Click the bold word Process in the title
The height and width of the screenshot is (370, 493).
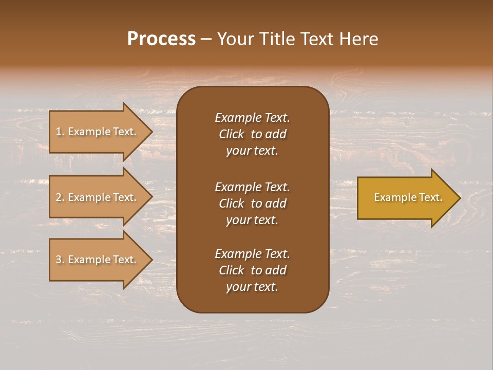click(161, 39)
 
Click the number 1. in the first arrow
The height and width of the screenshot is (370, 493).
click(60, 132)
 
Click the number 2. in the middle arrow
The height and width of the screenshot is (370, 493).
click(60, 197)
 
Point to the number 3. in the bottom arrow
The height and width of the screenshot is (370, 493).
click(60, 260)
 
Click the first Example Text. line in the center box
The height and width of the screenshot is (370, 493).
click(252, 118)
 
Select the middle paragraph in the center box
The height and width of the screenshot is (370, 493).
click(252, 203)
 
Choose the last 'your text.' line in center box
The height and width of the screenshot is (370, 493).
click(252, 287)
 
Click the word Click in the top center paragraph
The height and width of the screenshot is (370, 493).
click(231, 134)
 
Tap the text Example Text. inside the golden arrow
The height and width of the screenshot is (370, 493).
click(408, 197)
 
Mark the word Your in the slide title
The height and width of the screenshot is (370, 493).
click(234, 39)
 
